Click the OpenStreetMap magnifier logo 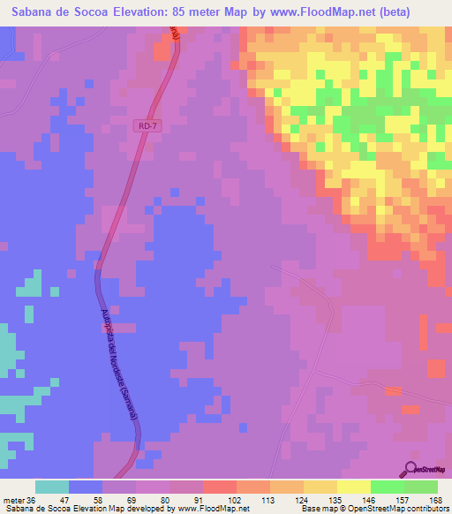pyautogui.click(x=411, y=469)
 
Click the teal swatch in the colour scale pyautogui.click(x=52, y=487)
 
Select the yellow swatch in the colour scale pyautogui.click(x=353, y=487)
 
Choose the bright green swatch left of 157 pyautogui.click(x=387, y=487)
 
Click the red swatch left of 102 pyautogui.click(x=219, y=487)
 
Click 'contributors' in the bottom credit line pyautogui.click(x=426, y=509)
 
